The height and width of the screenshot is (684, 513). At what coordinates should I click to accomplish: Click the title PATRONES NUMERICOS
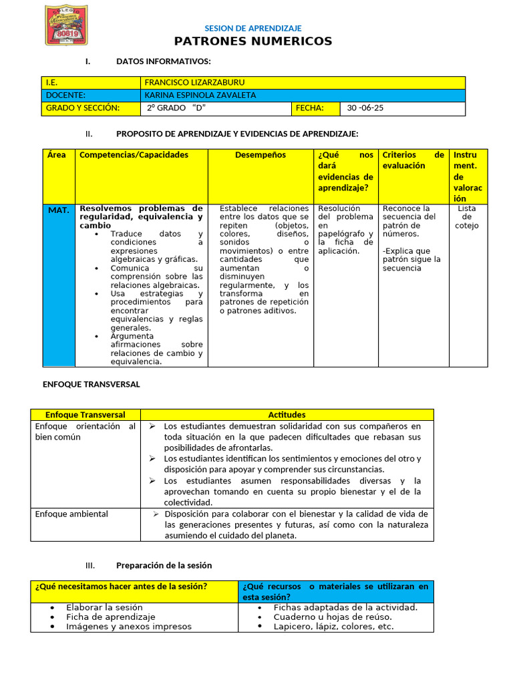pos(253,41)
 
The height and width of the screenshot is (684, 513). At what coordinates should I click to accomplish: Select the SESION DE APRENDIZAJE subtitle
pos(252,28)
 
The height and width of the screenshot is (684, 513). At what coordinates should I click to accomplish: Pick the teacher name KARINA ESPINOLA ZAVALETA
pos(200,96)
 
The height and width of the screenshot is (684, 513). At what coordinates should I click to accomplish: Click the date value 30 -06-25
pos(365,108)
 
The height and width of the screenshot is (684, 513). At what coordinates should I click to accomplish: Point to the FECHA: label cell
pos(309,108)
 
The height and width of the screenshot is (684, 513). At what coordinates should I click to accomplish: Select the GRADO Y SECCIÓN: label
pos(82,108)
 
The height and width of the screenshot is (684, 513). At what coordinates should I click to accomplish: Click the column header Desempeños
pos(261,155)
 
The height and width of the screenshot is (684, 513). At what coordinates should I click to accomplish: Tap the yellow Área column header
pos(57,155)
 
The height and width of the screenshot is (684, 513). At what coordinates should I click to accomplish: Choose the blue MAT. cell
pos(59,210)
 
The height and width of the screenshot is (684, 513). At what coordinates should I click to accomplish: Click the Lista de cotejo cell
pos(467,217)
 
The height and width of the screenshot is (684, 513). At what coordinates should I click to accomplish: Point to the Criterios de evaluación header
pos(413,160)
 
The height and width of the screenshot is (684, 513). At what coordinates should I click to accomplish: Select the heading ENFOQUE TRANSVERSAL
pos(92,385)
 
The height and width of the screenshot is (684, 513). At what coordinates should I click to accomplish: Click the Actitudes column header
pos(287,415)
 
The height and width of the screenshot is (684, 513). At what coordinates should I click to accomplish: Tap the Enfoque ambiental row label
pos(71,514)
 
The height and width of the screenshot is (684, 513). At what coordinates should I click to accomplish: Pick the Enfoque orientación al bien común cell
pos(85,432)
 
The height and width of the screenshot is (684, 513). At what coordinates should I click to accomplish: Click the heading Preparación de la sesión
pos(164,565)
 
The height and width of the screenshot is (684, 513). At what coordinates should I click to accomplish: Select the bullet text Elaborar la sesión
pos(104,607)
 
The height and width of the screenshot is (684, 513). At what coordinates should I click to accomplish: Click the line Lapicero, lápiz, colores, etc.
pos(333,627)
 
